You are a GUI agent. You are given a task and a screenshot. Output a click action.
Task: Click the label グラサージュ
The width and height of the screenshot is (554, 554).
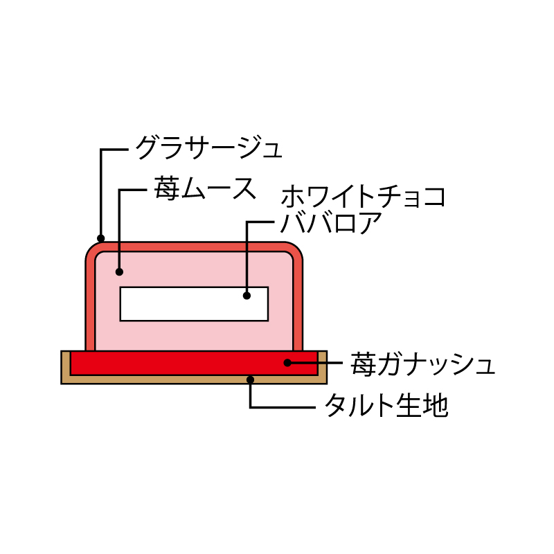(209, 148)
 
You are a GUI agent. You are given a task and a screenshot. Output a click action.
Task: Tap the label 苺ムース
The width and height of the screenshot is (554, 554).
(205, 189)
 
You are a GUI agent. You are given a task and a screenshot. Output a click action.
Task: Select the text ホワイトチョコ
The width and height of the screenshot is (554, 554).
(363, 196)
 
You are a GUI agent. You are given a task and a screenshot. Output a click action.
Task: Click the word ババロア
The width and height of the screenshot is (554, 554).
(331, 222)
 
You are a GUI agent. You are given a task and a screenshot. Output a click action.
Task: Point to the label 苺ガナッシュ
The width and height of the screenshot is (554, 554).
(422, 364)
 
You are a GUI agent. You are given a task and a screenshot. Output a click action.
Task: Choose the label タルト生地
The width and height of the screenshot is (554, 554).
(386, 405)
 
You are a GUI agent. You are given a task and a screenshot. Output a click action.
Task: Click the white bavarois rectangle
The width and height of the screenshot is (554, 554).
(194, 304)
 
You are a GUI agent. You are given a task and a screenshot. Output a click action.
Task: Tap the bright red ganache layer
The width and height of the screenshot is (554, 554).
(194, 363)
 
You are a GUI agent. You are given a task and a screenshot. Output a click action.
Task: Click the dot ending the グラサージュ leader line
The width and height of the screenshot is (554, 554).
(101, 238)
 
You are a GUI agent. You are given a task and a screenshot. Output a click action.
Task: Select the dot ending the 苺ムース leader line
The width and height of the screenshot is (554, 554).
(119, 271)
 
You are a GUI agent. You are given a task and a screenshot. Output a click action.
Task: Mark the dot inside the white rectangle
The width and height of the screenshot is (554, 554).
(247, 296)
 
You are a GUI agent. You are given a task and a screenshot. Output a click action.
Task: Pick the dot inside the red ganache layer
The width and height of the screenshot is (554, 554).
(287, 362)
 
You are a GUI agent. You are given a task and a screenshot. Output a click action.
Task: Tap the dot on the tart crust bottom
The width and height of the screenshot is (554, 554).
(251, 379)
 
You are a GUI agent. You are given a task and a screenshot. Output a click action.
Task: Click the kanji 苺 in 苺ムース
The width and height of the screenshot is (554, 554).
(166, 189)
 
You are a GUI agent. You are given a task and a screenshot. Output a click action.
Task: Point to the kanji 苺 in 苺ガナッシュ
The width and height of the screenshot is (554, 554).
(363, 364)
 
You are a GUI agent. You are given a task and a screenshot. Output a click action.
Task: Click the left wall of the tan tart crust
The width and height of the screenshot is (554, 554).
(66, 367)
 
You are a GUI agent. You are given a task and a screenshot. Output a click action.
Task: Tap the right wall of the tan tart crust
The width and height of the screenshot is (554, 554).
(323, 367)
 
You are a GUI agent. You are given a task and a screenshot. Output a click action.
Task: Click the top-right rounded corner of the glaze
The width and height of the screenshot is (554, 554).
(295, 250)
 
